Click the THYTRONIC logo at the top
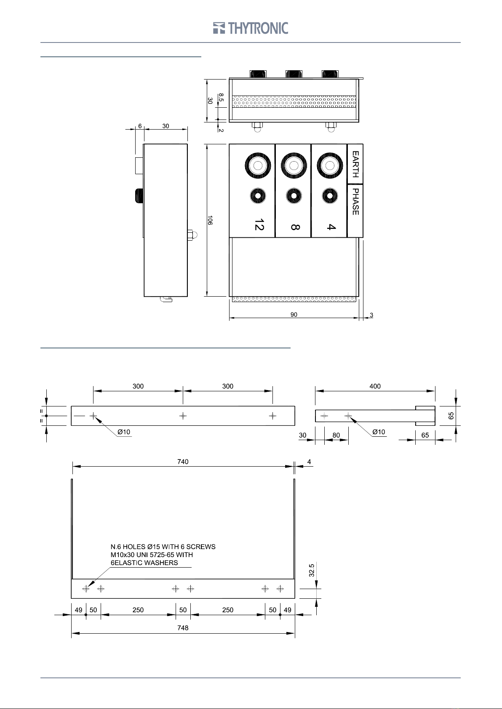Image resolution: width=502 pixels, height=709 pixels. (251, 28)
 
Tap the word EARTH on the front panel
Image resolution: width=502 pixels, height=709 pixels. (356, 164)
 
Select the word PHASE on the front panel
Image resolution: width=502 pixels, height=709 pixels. (356, 202)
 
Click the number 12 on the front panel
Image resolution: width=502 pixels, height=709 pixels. (259, 224)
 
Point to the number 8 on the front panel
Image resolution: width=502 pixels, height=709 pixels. (295, 227)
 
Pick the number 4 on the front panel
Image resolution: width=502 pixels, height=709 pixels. (331, 227)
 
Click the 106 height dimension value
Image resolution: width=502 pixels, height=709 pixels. (210, 220)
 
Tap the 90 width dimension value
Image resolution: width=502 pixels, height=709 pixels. (294, 315)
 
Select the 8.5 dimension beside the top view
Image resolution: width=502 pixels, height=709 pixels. (221, 98)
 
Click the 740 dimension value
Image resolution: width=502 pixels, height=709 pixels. (183, 462)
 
